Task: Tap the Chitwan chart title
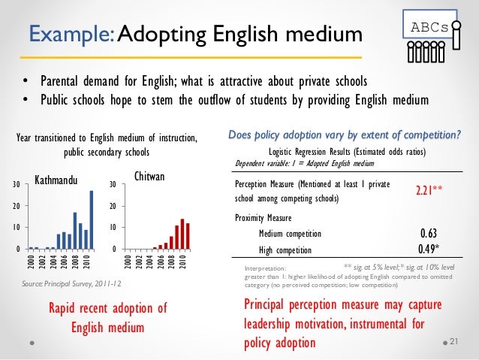point(149,175)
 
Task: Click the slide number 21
point(453,341)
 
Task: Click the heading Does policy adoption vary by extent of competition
point(345,135)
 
